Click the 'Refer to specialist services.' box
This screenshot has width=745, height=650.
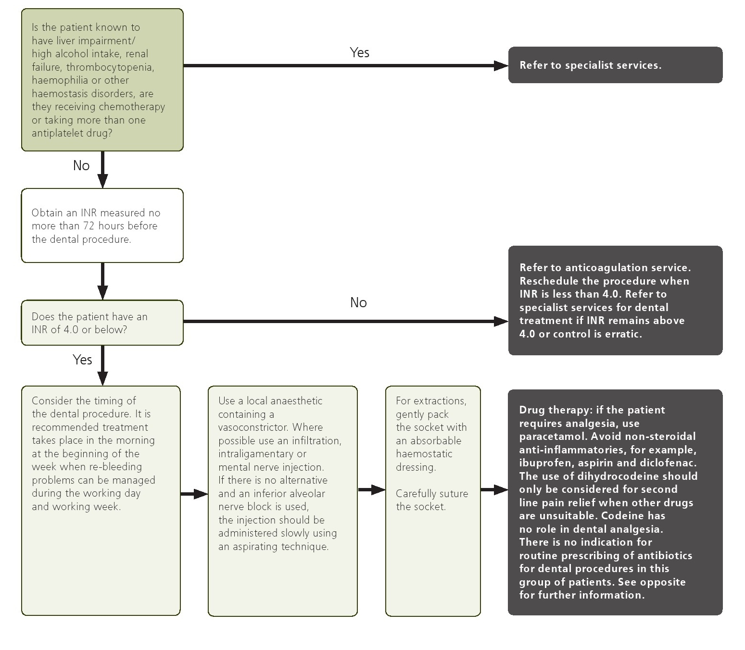(x=615, y=65)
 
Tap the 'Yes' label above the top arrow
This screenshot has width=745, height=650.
(x=359, y=52)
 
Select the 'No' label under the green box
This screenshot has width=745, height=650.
(x=81, y=165)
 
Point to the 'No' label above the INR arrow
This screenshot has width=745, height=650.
(x=358, y=302)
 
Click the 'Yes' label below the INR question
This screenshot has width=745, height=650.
(x=82, y=360)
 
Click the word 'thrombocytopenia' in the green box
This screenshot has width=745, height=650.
(x=110, y=67)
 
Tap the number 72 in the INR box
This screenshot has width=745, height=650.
(x=89, y=226)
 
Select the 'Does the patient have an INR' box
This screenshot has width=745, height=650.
(x=102, y=323)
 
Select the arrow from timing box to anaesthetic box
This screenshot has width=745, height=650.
(x=194, y=494)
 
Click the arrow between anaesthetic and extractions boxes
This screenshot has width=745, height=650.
(x=371, y=490)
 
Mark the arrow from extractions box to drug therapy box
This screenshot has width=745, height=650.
(x=494, y=490)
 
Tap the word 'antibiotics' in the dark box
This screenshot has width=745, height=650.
(x=664, y=556)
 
